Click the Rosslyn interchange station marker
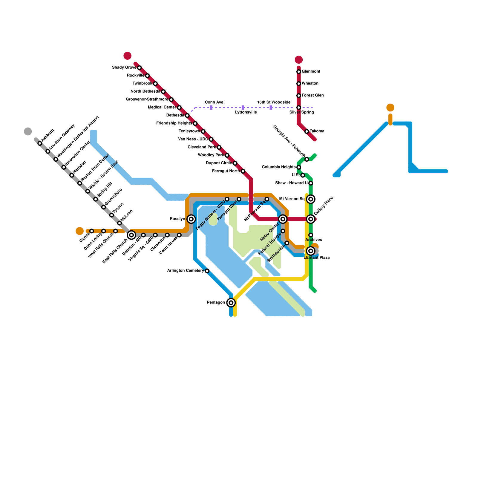pyautogui.click(x=191, y=219)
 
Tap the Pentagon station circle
pyautogui.click(x=231, y=303)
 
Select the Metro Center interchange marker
pyautogui.click(x=283, y=219)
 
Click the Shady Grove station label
pyautogui.click(x=124, y=68)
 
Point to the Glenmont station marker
pyautogui.click(x=299, y=72)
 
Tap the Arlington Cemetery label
pyautogui.click(x=186, y=271)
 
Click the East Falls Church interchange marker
pyautogui.click(x=131, y=235)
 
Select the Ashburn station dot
pyautogui.click(x=40, y=143)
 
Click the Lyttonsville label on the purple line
pyautogui.click(x=246, y=112)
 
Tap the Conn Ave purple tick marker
pyautogui.click(x=211, y=108)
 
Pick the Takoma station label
pyautogui.click(x=317, y=131)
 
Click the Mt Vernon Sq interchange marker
pyautogui.click(x=311, y=199)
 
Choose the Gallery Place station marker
pyautogui.click(x=311, y=219)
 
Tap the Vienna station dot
pyautogui.click(x=92, y=231)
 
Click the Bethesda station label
pyautogui.click(x=175, y=115)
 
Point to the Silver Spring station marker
pyautogui.click(x=299, y=108)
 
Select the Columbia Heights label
pyautogui.click(x=279, y=167)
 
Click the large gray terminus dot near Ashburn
pyautogui.click(x=28, y=131)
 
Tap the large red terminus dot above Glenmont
pyautogui.click(x=299, y=60)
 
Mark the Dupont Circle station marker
pyautogui.click(x=235, y=163)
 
